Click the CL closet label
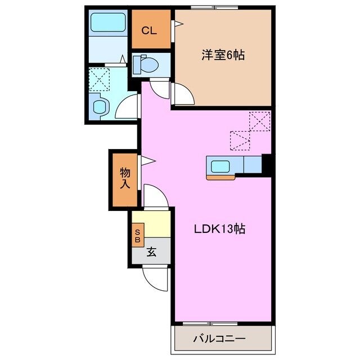tap(148, 30)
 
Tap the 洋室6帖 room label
tap(223, 55)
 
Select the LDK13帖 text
tap(219, 229)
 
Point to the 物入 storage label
tap(124, 178)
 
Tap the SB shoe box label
tap(137, 235)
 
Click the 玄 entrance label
tap(151, 252)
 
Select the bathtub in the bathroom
tap(109, 25)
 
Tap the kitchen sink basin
tap(218, 166)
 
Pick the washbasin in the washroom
tap(100, 106)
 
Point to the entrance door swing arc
tap(154, 277)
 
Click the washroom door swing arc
tap(129, 107)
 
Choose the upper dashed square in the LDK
tap(260, 121)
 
